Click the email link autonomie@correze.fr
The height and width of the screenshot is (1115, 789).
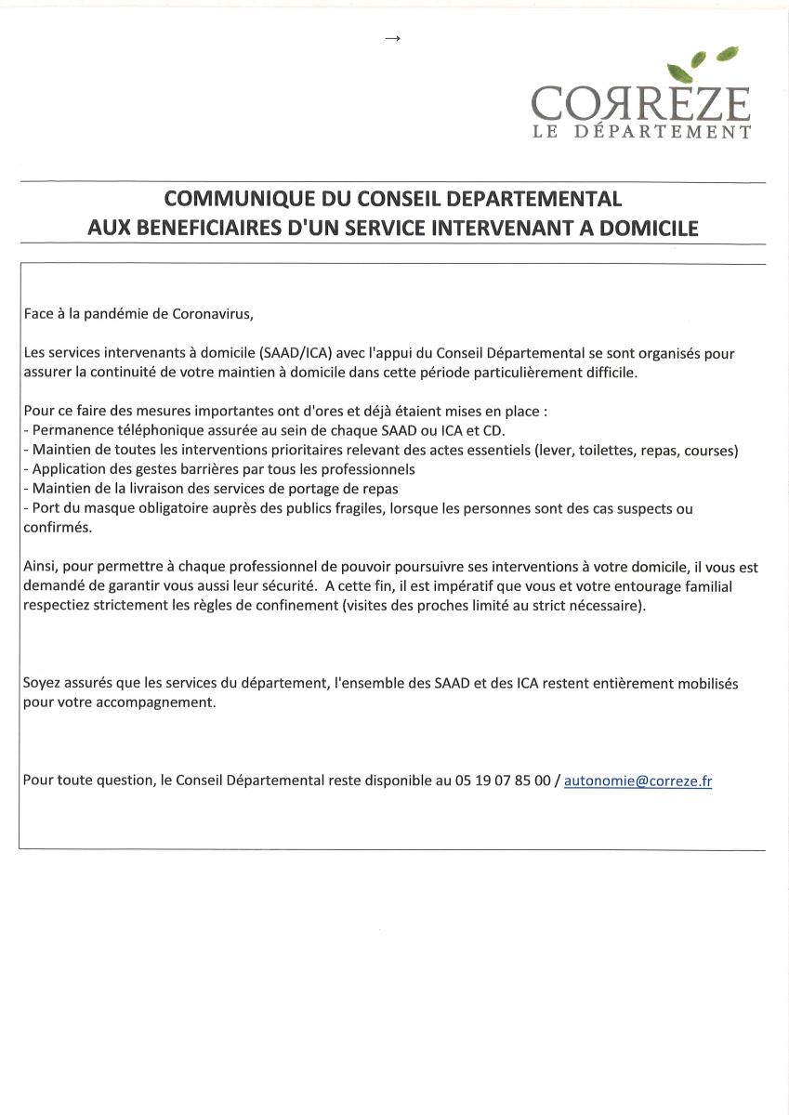click(638, 781)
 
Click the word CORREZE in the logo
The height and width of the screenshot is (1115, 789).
click(640, 102)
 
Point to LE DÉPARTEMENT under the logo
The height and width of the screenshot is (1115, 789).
click(640, 133)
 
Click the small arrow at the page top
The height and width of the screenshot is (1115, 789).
click(392, 38)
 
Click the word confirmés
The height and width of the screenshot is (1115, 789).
click(58, 528)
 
